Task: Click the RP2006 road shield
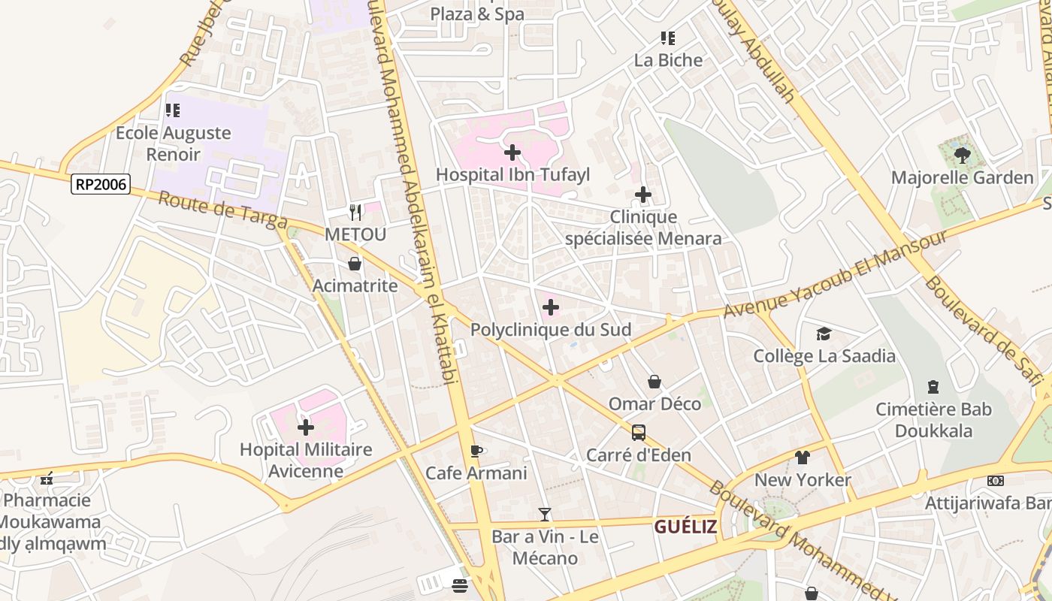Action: tap(101, 184)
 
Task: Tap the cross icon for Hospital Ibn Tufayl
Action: tap(512, 153)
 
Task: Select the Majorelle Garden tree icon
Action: tap(962, 156)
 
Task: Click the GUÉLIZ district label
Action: tap(685, 527)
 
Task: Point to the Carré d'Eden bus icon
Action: tap(638, 433)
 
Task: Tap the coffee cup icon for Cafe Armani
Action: tap(476, 451)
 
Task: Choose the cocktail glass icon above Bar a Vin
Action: tap(545, 515)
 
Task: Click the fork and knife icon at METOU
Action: tap(355, 213)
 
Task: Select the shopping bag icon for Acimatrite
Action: tap(355, 264)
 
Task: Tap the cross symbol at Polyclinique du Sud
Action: tap(551, 307)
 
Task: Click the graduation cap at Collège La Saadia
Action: tap(824, 334)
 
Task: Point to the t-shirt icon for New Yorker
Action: tap(803, 458)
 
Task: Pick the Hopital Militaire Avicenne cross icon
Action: tap(306, 427)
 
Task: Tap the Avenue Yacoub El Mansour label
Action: tap(835, 274)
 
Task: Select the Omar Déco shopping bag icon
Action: tap(654, 382)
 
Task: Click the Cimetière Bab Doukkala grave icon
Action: tap(933, 387)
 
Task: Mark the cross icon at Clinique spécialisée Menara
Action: tap(643, 195)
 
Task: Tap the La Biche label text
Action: tap(668, 60)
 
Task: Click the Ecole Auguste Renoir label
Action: tap(173, 143)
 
